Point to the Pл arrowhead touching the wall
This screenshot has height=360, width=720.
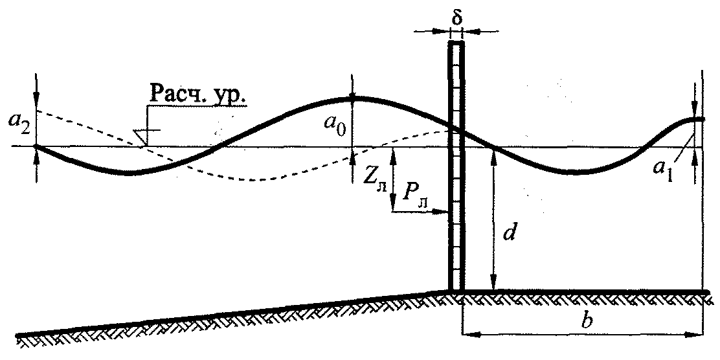(444, 212)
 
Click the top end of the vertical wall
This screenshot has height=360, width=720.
(456, 42)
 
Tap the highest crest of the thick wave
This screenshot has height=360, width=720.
(353, 98)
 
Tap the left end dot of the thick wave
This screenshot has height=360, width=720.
(37, 146)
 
